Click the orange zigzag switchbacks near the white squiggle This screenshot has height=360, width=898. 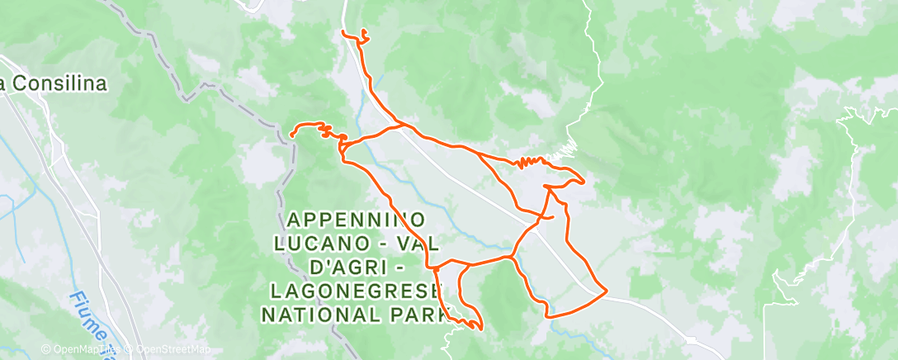[533, 162]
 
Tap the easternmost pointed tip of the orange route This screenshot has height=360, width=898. [584, 181]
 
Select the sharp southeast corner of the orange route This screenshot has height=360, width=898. [607, 291]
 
